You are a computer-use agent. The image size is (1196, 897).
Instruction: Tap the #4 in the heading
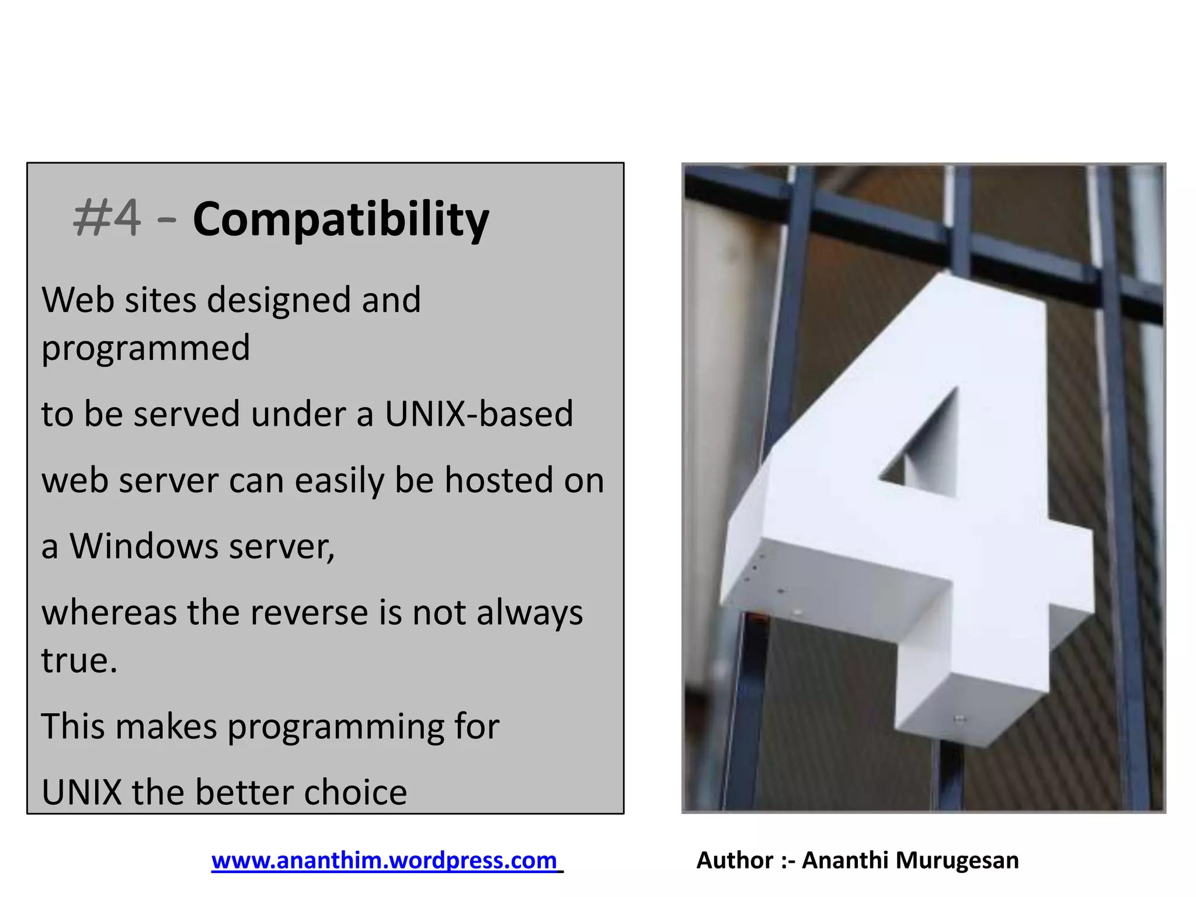107,218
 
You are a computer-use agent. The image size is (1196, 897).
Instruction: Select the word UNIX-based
478,414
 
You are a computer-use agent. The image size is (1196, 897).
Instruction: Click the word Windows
144,546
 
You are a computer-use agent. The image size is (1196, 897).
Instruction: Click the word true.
79,660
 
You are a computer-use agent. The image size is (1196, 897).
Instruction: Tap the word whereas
109,613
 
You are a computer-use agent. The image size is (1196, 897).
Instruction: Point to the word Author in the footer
734,860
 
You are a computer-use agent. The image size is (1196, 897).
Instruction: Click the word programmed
145,349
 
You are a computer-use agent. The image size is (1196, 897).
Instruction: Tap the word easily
339,481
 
